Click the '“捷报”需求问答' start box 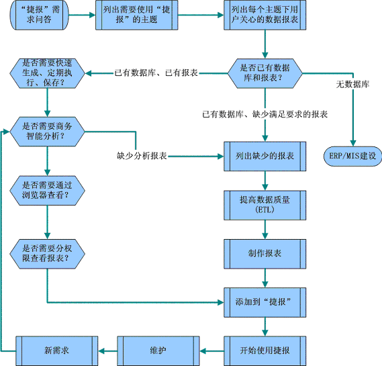[39, 15]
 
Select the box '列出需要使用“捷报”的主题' [137, 15]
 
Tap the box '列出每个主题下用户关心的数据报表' [265, 15]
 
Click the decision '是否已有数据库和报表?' [265, 73]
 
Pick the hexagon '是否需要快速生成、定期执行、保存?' [47, 73]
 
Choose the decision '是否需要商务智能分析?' [47, 132]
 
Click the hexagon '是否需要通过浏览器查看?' [47, 190]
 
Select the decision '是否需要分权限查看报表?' [47, 254]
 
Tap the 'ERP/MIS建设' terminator [352, 156]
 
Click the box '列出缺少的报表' [265, 156]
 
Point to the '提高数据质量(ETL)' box [265, 205]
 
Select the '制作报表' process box [265, 254]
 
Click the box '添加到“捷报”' [265, 302]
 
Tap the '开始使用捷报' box [265, 351]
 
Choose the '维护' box [158, 351]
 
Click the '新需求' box [57, 351]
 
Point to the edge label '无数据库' [352, 85]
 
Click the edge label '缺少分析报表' [142, 156]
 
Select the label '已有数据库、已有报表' [156, 73]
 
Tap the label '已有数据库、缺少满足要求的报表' [265, 114]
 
